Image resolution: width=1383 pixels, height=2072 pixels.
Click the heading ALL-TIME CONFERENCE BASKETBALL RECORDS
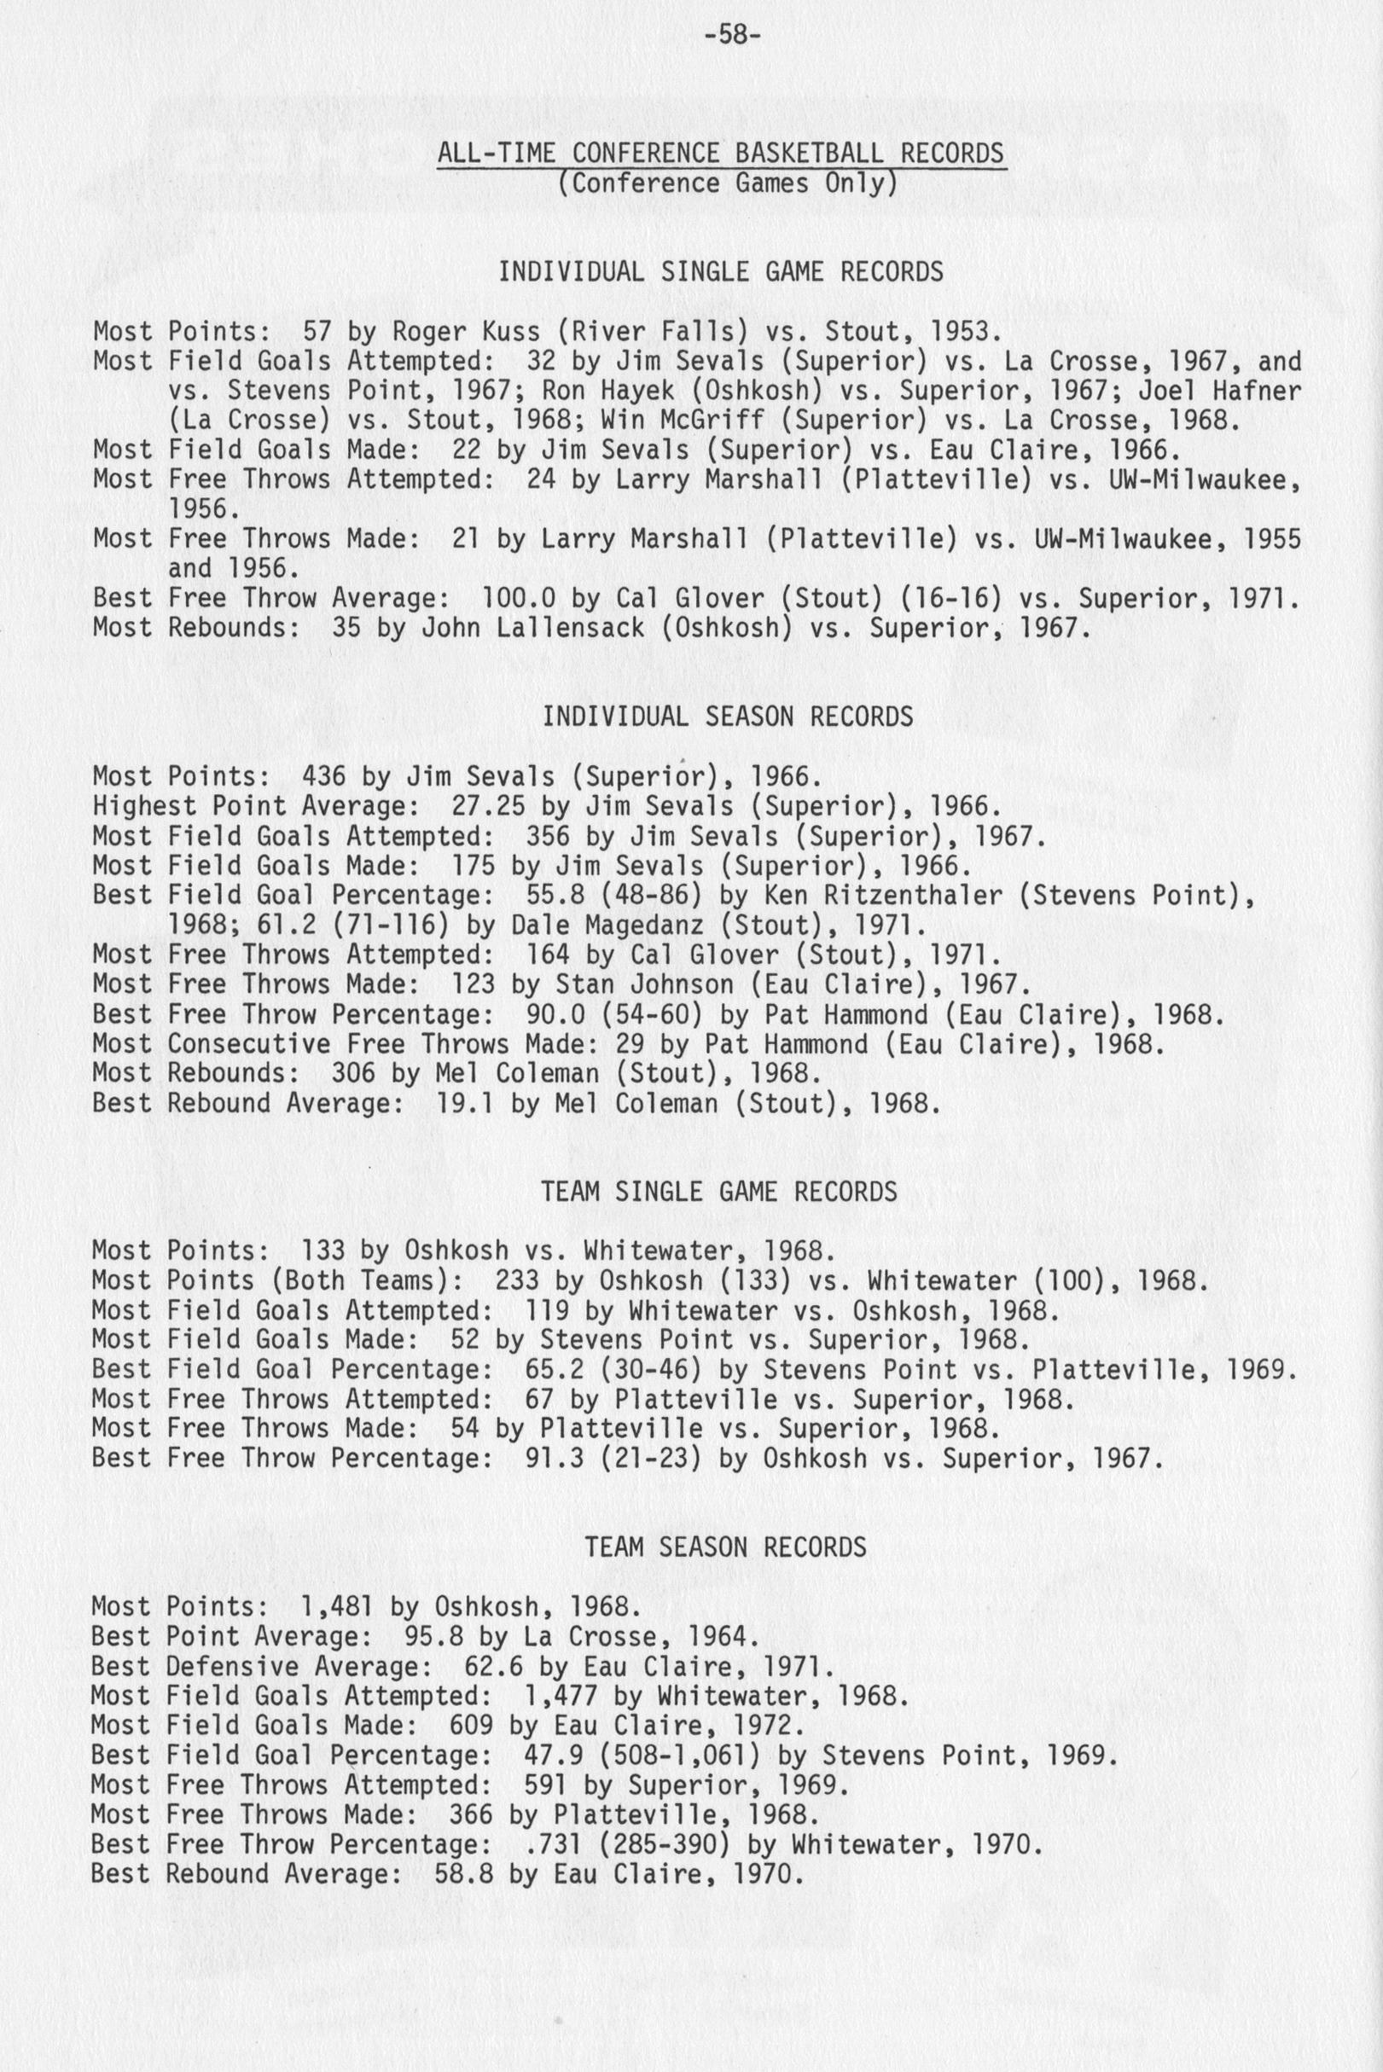point(721,154)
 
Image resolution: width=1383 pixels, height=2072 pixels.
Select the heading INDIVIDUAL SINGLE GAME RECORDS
point(721,271)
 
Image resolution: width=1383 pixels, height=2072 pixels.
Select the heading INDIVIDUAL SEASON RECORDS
point(728,717)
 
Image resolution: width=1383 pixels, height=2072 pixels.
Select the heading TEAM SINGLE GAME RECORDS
point(718,1192)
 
